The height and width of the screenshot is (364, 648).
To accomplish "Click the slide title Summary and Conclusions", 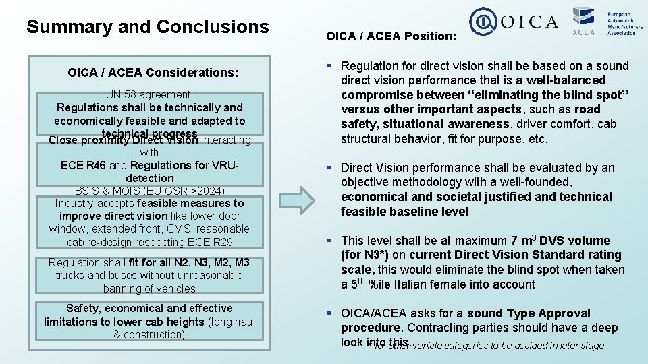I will pos(147,27).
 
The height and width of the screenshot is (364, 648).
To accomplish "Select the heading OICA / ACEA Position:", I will pos(391,36).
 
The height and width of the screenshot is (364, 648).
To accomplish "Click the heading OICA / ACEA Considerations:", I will pos(153,72).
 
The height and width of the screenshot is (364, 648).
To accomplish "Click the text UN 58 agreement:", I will pos(149,95).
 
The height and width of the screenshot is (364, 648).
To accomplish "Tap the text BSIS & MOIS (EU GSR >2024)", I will pos(149,191).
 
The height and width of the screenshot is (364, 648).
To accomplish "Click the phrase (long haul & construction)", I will pos(182,328).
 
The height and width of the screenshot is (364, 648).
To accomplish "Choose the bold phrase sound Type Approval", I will pos(529,313).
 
